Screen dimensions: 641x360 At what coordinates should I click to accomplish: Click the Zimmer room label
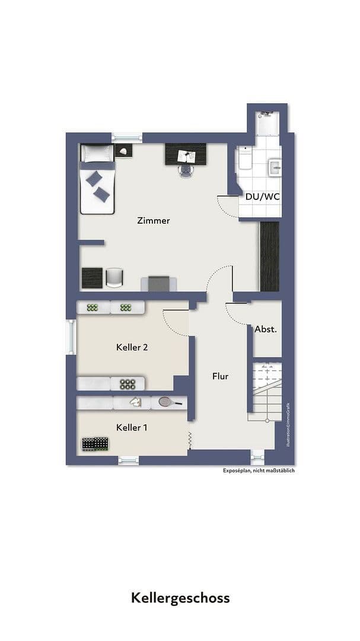[x=153, y=221]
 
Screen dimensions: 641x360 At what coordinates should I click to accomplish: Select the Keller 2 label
[x=132, y=347]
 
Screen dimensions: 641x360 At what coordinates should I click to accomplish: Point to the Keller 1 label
[x=132, y=427]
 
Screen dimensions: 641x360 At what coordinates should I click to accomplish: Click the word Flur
[x=220, y=376]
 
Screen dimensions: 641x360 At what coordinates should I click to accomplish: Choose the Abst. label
[x=266, y=329]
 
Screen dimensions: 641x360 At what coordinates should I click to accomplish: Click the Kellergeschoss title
[x=180, y=597]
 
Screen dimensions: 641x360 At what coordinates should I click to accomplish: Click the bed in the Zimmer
[x=97, y=179]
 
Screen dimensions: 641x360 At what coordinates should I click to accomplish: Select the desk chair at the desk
[x=186, y=170]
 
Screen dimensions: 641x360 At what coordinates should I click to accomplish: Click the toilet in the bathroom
[x=244, y=160]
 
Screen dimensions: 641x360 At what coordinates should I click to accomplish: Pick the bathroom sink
[x=275, y=167]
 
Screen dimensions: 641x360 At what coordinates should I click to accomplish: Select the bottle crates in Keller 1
[x=95, y=443]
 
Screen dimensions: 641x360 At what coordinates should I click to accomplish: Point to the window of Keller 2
[x=71, y=337]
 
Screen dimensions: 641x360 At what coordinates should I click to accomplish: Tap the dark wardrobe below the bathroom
[x=269, y=256]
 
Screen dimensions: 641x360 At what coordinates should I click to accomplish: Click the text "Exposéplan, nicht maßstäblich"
[x=259, y=471]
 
